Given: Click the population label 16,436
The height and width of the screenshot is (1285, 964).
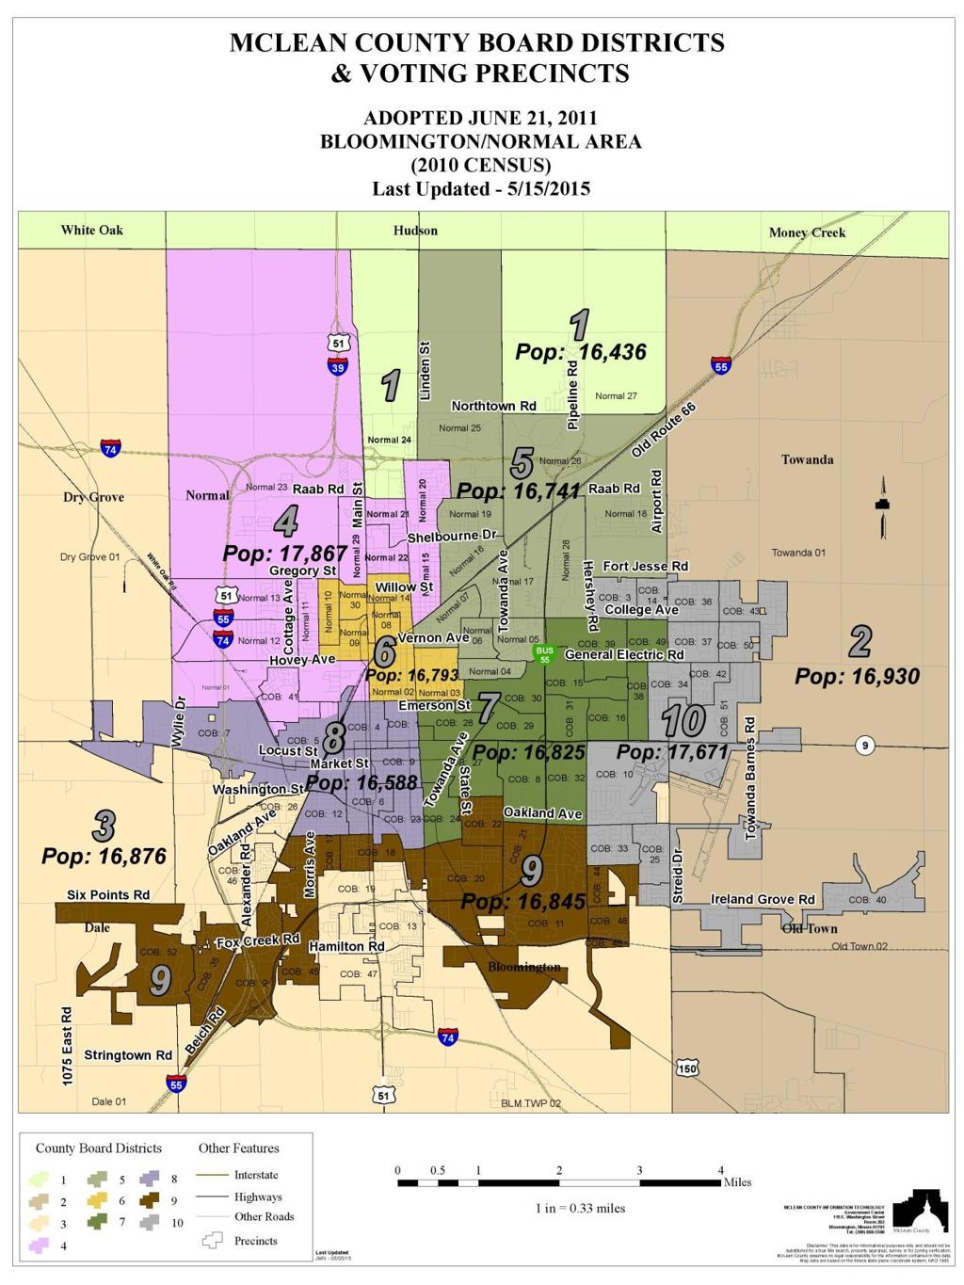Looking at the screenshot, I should pos(581,352).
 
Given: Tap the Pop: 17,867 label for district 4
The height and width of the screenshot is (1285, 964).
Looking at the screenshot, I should pos(285,553).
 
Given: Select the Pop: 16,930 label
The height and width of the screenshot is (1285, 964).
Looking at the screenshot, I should pos(857,676).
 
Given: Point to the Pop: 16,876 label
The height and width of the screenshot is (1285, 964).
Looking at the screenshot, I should pos(104,856).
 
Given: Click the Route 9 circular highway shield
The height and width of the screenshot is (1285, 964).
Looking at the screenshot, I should pos(864,746).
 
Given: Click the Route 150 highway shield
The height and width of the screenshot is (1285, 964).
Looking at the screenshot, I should pos(687,1068).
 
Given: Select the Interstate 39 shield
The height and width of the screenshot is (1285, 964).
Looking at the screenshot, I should pos(339,368).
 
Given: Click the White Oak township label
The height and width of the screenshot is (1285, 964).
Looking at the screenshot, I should pos(92,230).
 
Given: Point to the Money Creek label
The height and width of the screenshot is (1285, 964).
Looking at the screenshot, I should pos(807,233).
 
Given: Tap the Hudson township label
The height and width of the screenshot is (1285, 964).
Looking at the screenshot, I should pos(415,230).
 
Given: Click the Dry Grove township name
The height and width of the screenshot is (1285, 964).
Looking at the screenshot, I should pos(93,497).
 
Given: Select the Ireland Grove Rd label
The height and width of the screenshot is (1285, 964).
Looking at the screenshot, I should pos(763,899).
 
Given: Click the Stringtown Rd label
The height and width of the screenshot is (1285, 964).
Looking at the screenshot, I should pos(128,1055).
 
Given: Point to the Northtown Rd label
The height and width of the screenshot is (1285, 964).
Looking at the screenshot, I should pos(493,406).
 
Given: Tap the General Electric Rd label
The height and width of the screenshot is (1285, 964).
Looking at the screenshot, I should pos(624,654).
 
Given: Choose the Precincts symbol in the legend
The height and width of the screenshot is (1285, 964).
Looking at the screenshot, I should pos(212,1241).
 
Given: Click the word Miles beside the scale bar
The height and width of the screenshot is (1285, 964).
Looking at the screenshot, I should pos(737,1182).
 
